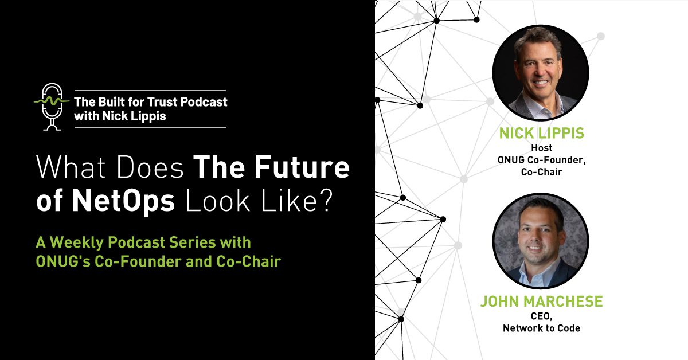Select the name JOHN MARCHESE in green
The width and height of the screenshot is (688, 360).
tap(541, 301)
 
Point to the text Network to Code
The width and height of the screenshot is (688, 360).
tap(541, 328)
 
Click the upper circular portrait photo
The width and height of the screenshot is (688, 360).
tap(540, 73)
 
